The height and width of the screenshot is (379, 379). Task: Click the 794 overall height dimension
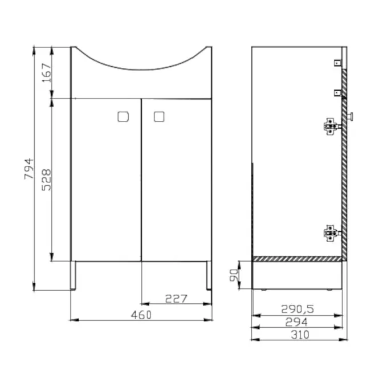(x=28, y=169)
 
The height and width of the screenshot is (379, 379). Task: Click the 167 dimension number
(x=47, y=73)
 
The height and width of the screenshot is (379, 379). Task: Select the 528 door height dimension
(x=46, y=180)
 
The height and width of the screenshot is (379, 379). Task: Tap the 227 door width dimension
(x=176, y=299)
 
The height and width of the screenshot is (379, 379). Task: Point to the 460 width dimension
(x=141, y=315)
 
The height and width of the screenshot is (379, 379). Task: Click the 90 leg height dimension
(x=234, y=275)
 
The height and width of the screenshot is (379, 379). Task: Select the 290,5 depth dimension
(x=298, y=309)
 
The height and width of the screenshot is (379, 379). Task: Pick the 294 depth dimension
(x=296, y=322)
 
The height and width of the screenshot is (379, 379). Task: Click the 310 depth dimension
(x=300, y=335)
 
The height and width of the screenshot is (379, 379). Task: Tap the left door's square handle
(x=123, y=117)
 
